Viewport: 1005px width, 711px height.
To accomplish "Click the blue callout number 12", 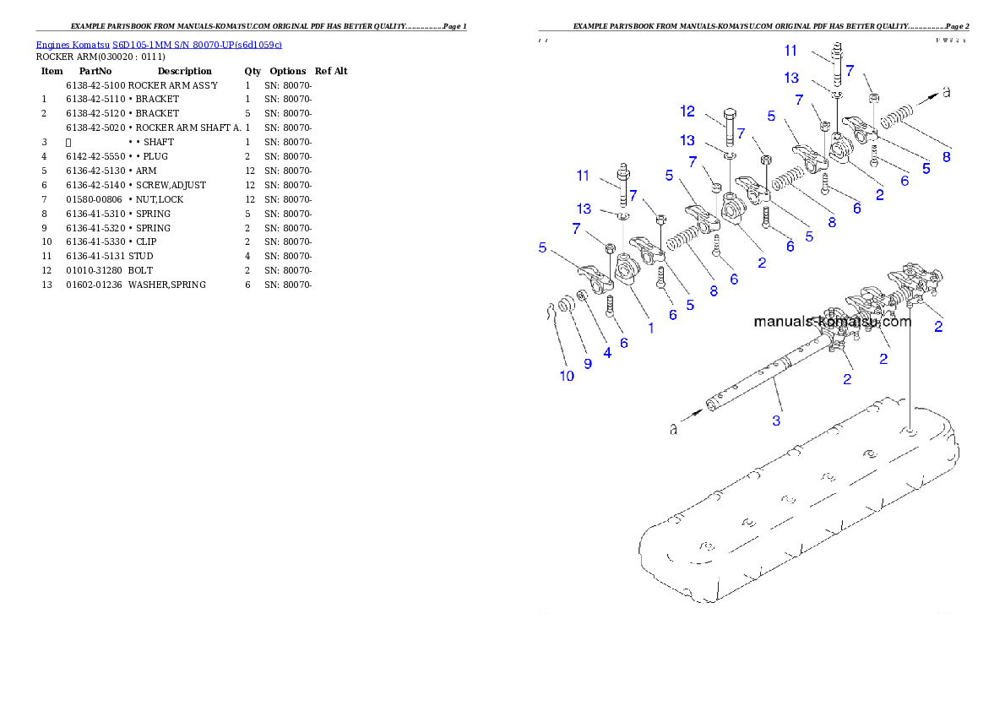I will pos(687,111).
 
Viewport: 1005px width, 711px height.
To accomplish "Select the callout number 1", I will pos(650,328).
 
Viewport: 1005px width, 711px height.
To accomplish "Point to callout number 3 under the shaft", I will pos(776,419).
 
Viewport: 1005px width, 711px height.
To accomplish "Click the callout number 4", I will pos(607,353).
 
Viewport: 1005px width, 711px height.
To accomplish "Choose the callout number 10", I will pos(567,376).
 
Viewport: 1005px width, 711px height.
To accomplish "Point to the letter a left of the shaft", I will pos(673,430).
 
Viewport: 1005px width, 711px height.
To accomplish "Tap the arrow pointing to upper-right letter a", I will pos(925,98).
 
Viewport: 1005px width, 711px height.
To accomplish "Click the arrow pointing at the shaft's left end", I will pos(693,415).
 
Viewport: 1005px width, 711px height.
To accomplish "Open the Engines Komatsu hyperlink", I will pos(159,44).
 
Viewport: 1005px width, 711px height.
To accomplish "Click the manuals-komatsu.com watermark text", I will pos(832,322).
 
